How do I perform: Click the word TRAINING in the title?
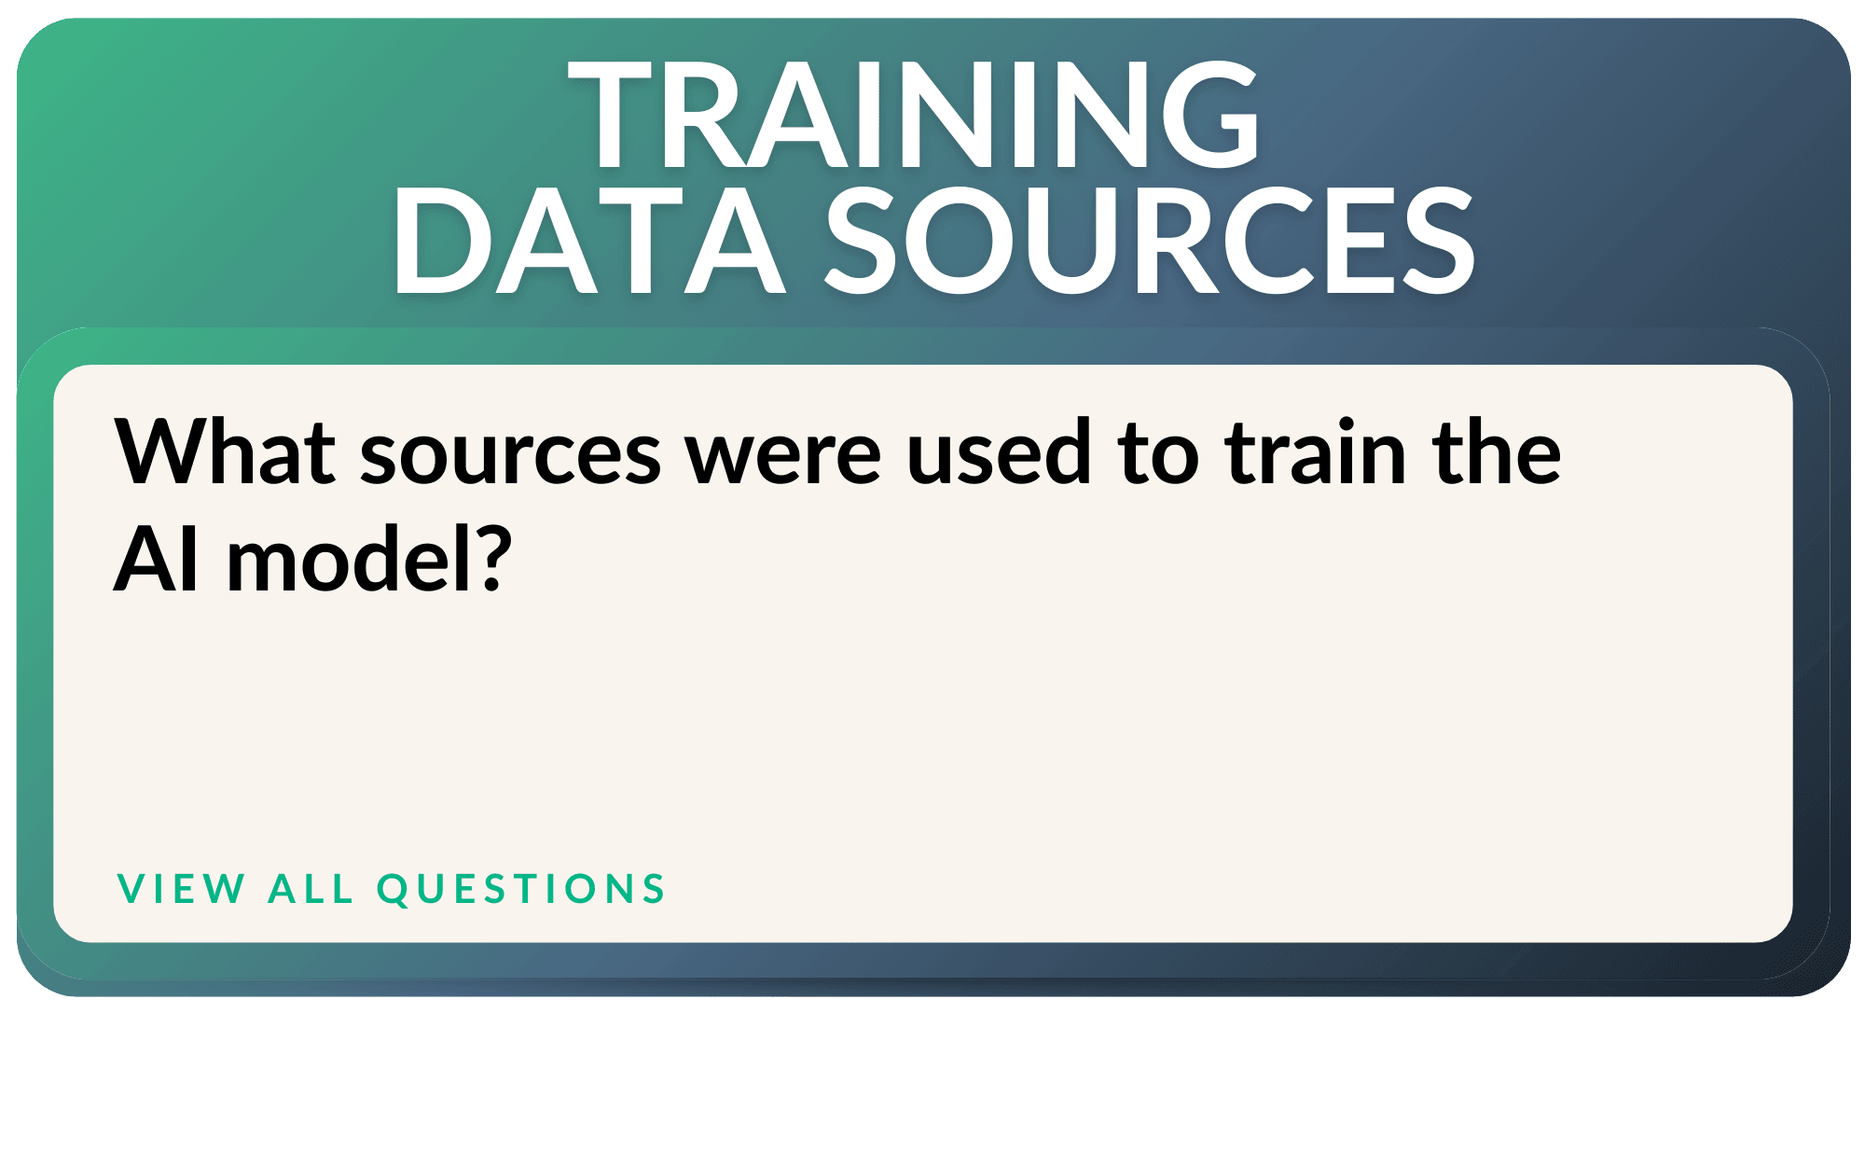tap(914, 114)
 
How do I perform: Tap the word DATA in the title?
tap(588, 241)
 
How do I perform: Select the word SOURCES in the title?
tap(1150, 241)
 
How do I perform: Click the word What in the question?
tap(225, 452)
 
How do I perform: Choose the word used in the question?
tap(999, 452)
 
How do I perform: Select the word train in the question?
tap(1316, 452)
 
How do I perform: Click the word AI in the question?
tap(156, 559)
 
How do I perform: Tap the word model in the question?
tap(351, 557)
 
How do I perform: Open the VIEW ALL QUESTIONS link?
tap(391, 889)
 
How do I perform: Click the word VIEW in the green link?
tap(181, 889)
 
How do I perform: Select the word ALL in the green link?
tap(311, 889)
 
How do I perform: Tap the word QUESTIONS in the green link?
tap(521, 889)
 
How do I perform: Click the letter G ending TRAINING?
tap(1209, 114)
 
